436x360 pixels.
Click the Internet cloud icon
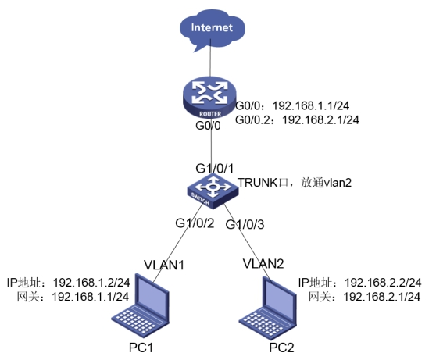213,30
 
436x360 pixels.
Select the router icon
209,98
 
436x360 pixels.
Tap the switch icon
213,191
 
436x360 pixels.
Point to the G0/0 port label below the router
208,126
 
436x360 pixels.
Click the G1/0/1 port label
214,169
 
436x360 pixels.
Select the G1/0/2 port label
195,223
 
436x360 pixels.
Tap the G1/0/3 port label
245,224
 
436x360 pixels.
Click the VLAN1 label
164,265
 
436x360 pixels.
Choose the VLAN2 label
263,263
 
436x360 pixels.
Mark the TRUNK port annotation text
295,183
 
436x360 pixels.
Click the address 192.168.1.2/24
91,283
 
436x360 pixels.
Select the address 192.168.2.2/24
383,283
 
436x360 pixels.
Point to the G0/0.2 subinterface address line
297,119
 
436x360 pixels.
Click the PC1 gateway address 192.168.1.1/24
91,297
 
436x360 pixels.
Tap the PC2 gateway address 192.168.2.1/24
382,297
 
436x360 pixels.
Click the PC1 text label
141,348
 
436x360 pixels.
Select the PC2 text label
281,348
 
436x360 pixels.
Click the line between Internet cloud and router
210,58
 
